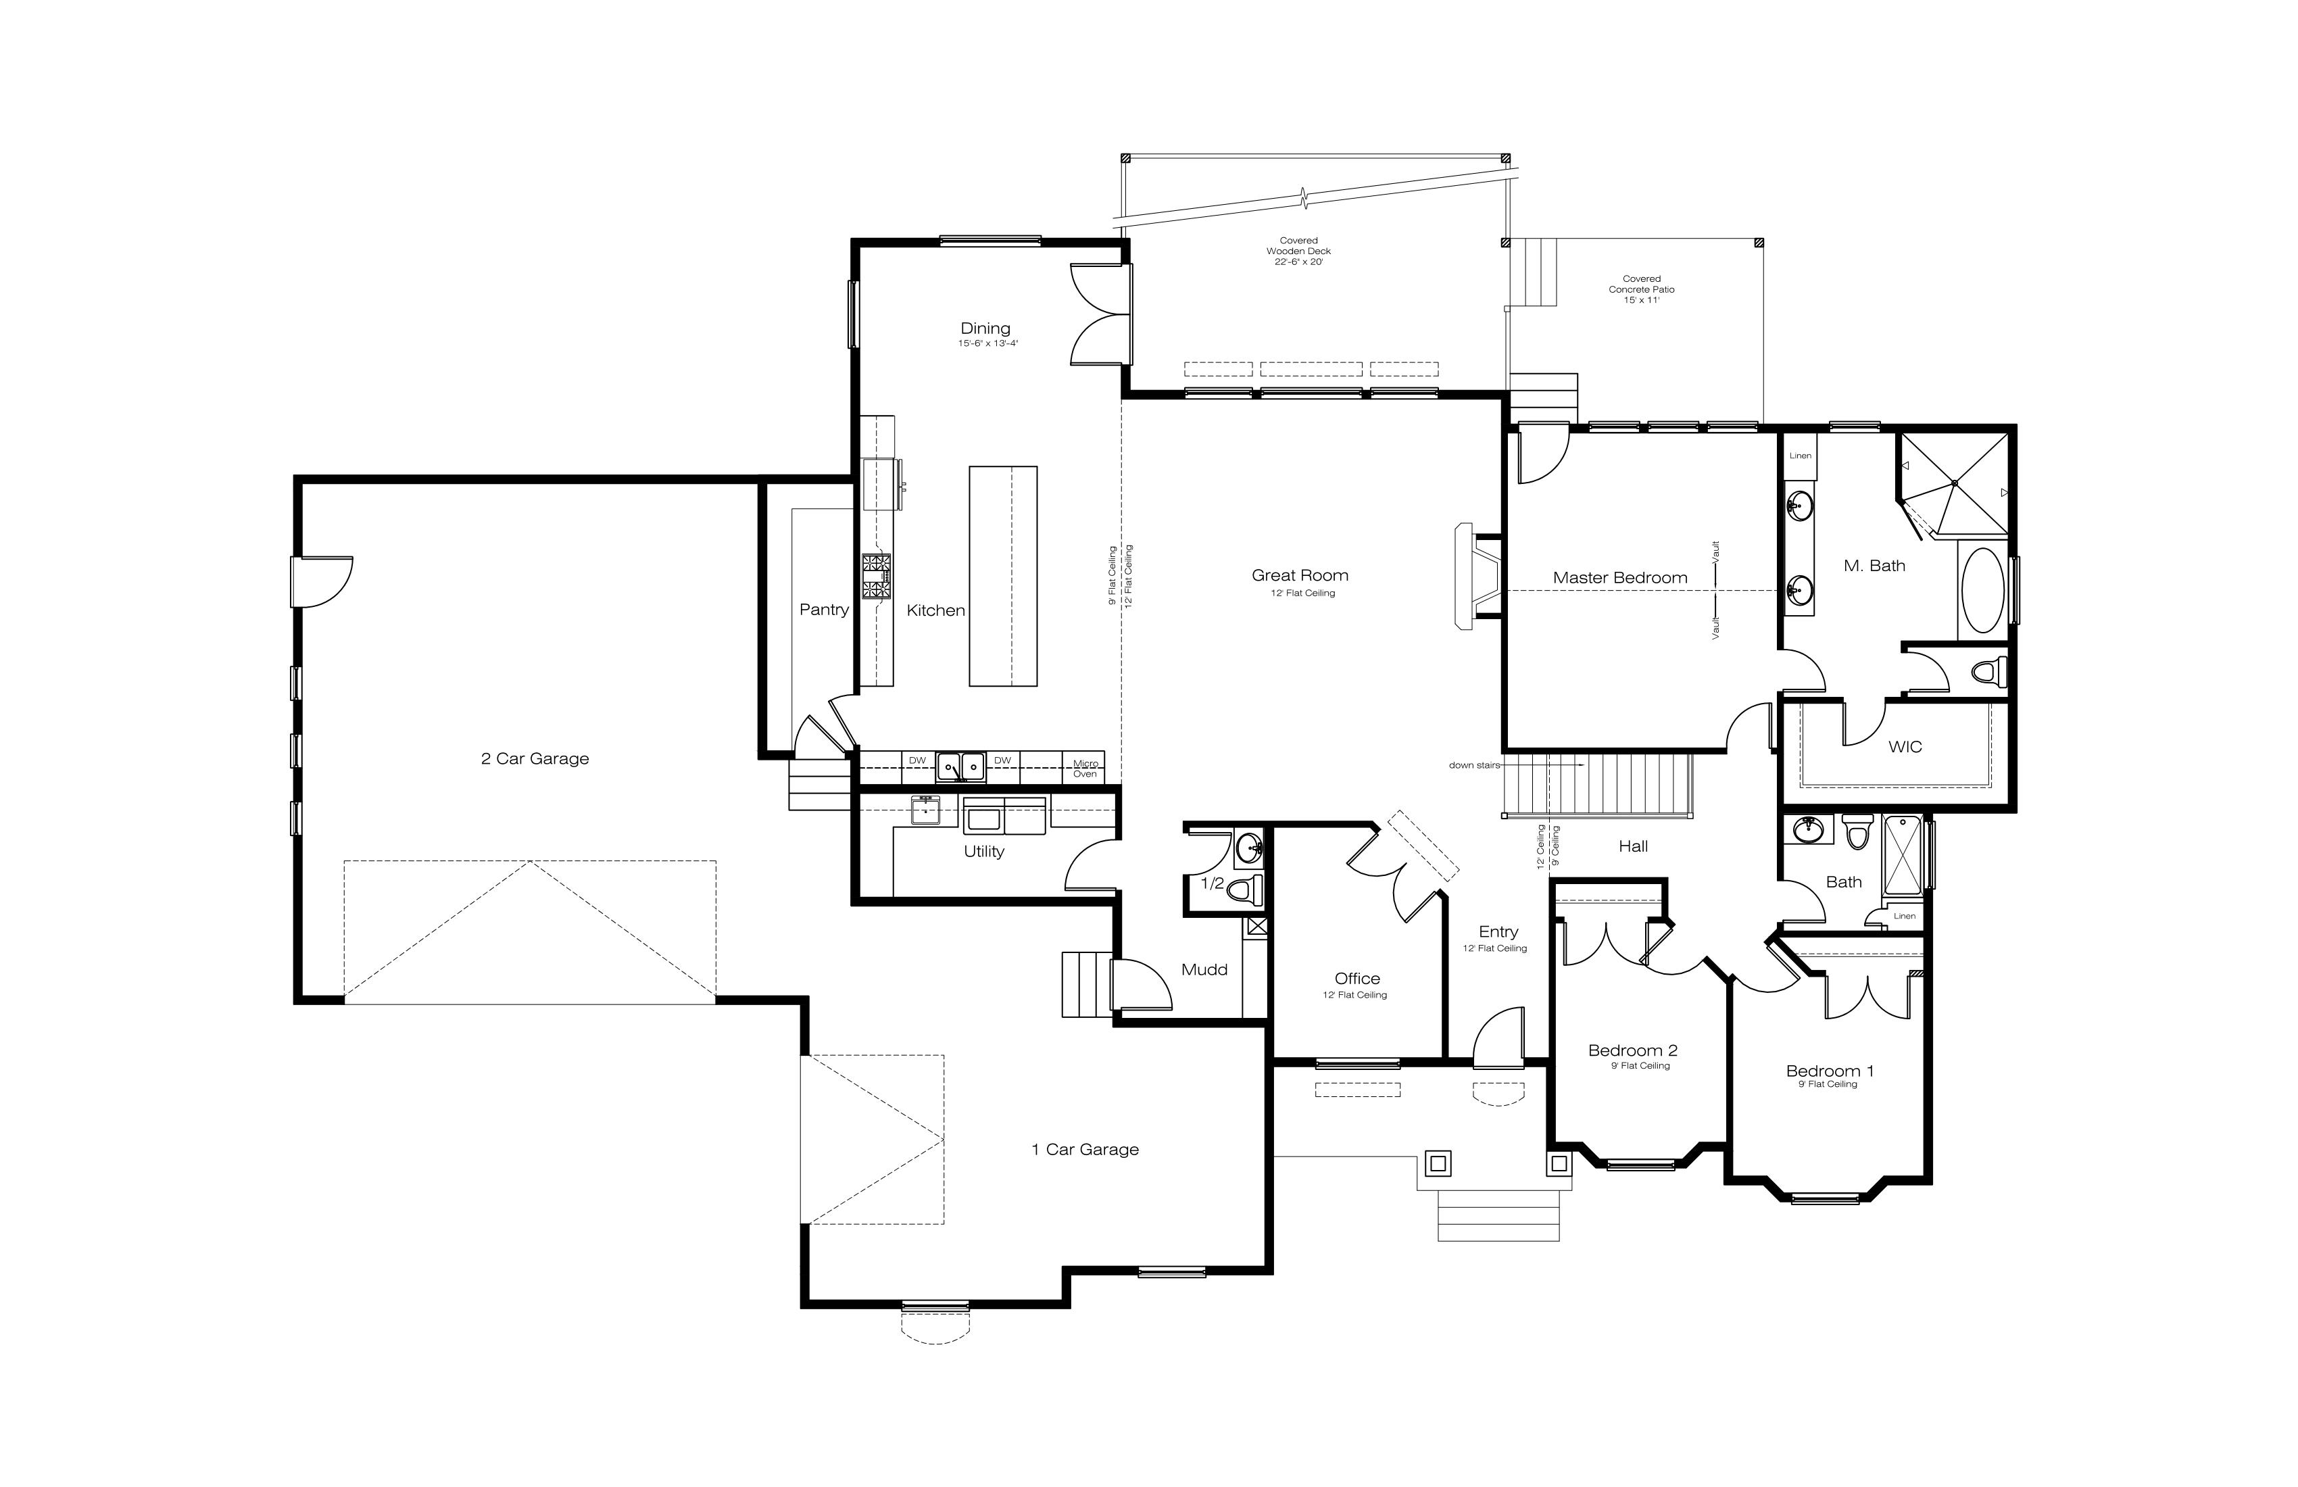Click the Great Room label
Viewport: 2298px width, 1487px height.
[1300, 575]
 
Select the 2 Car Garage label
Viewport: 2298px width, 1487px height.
[535, 759]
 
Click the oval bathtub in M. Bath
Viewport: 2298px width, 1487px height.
[1983, 591]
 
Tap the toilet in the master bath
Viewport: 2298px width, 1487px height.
[1989, 670]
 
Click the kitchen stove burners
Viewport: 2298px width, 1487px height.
[877, 577]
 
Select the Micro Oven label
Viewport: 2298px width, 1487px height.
[1085, 769]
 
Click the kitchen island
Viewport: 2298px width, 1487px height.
[1003, 577]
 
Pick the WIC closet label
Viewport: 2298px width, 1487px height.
[1905, 746]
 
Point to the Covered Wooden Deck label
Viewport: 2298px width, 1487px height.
[1298, 251]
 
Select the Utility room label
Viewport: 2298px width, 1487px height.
[984, 852]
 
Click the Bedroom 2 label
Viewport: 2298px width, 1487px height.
[1633, 1050]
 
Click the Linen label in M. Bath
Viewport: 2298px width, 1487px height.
[1801, 456]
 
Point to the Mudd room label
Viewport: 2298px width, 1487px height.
[1204, 969]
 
